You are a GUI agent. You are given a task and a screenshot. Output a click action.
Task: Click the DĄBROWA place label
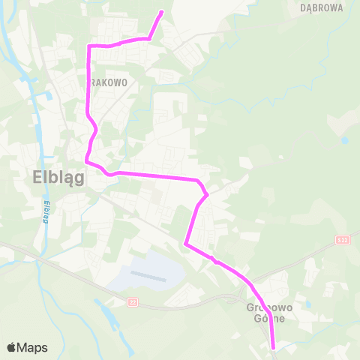click(x=322, y=8)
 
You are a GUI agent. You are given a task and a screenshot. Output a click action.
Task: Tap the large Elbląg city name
click(x=58, y=178)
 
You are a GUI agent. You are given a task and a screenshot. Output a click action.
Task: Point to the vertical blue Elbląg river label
click(x=46, y=213)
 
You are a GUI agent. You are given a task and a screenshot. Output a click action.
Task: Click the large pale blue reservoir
click(x=150, y=270)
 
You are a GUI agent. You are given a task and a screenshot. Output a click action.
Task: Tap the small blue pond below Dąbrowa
click(x=344, y=139)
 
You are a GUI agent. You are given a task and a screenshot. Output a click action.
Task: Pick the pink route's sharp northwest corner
click(x=89, y=46)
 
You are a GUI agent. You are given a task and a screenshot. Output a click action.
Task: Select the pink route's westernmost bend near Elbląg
click(x=87, y=160)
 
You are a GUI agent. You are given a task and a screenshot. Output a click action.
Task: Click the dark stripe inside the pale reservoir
click(x=147, y=274)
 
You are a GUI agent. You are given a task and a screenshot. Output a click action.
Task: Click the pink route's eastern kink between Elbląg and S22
click(x=205, y=193)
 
